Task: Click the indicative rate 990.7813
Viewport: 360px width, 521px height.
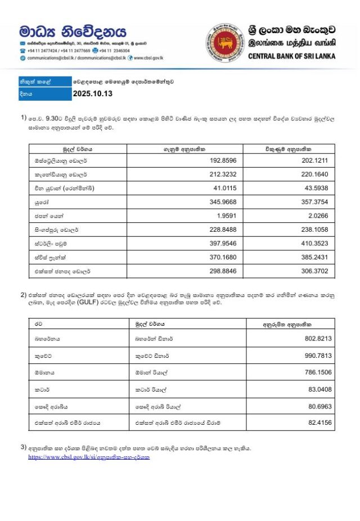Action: (x=317, y=356)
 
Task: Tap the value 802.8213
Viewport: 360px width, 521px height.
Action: (x=317, y=339)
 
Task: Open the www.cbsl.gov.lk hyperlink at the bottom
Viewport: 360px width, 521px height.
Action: (x=89, y=457)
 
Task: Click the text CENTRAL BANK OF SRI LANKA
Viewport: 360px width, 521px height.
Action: (x=291, y=56)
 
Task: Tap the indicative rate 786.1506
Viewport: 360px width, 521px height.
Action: (x=317, y=372)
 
